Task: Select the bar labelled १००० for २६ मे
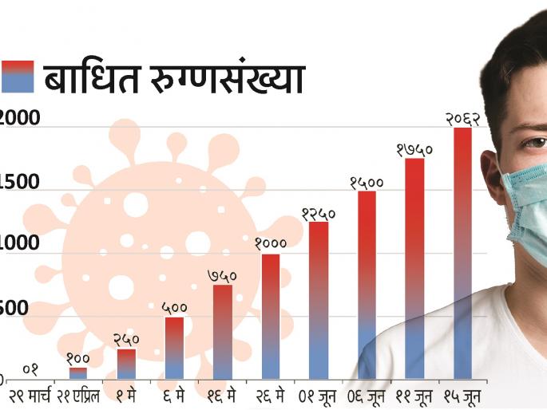271,317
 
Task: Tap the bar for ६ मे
174,349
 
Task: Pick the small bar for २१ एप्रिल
78,373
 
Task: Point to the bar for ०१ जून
319,301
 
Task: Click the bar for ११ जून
414,269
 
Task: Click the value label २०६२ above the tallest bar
462,119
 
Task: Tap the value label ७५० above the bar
222,276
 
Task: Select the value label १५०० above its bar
367,183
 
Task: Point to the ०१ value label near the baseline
30,369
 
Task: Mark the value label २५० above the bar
126,340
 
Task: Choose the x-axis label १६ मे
222,396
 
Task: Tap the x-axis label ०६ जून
367,396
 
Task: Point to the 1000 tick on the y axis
19,245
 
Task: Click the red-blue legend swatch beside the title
18,77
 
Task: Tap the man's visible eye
531,143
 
